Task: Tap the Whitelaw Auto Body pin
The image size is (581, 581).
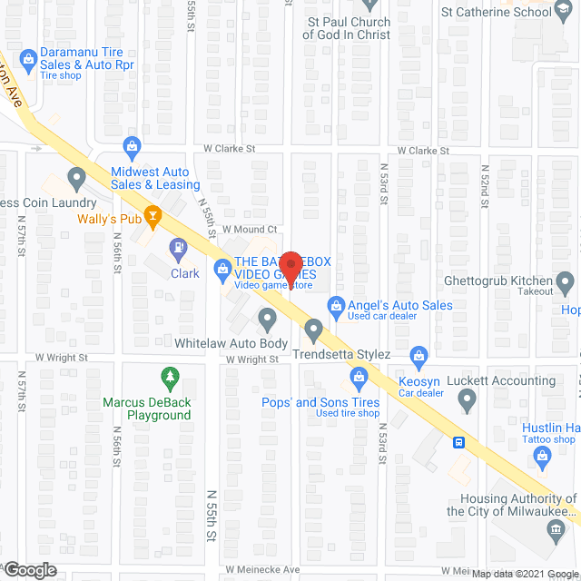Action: tap(268, 320)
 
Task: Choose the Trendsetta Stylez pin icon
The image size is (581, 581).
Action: tap(314, 329)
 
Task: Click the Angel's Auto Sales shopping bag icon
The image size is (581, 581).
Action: tap(336, 306)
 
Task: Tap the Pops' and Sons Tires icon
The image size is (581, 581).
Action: tap(359, 377)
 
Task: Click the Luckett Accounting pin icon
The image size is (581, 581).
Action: tap(467, 399)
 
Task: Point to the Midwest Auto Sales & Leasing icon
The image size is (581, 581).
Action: tap(133, 146)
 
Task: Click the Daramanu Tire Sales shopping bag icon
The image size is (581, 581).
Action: tap(28, 59)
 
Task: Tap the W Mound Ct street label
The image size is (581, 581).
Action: tap(249, 230)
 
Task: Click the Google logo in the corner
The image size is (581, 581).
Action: tap(29, 570)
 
